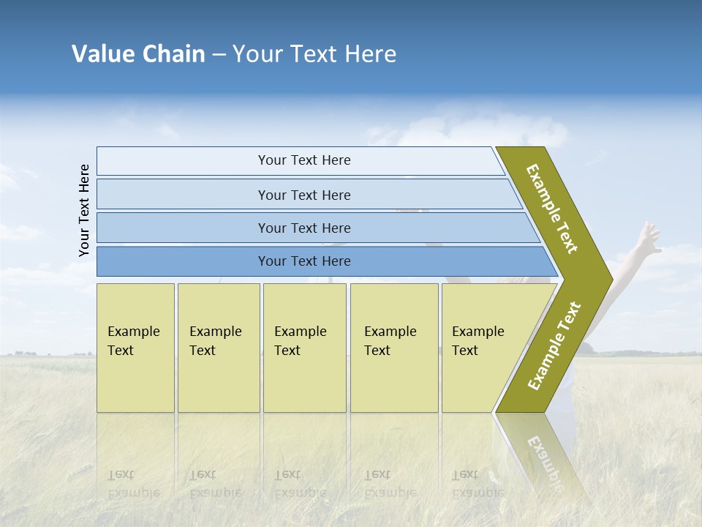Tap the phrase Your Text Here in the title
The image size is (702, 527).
pyautogui.click(x=314, y=54)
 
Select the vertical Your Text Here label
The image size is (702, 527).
pyautogui.click(x=84, y=210)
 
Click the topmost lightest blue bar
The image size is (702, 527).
pyautogui.click(x=303, y=160)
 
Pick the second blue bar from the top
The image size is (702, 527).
pyautogui.click(x=303, y=195)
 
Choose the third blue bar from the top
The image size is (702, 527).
pyautogui.click(x=303, y=228)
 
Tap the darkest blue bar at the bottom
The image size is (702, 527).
pyautogui.click(x=303, y=261)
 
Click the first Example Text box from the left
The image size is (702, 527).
pyautogui.click(x=135, y=347)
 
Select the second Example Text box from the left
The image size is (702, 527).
pyautogui.click(x=218, y=347)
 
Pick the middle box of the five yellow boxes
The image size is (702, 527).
pyautogui.click(x=304, y=347)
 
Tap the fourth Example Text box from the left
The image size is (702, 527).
pyautogui.click(x=393, y=347)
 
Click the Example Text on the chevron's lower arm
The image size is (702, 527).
pyautogui.click(x=554, y=345)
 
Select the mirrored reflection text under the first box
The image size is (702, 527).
pyautogui.click(x=133, y=483)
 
